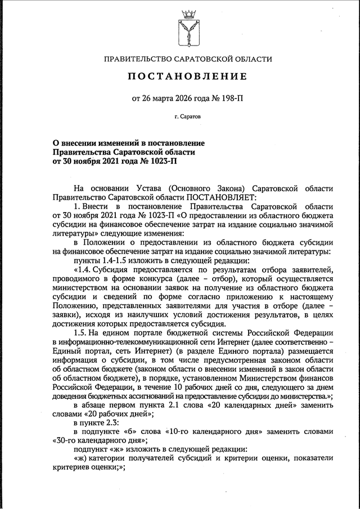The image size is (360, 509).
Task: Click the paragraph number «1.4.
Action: click(x=83, y=269)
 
